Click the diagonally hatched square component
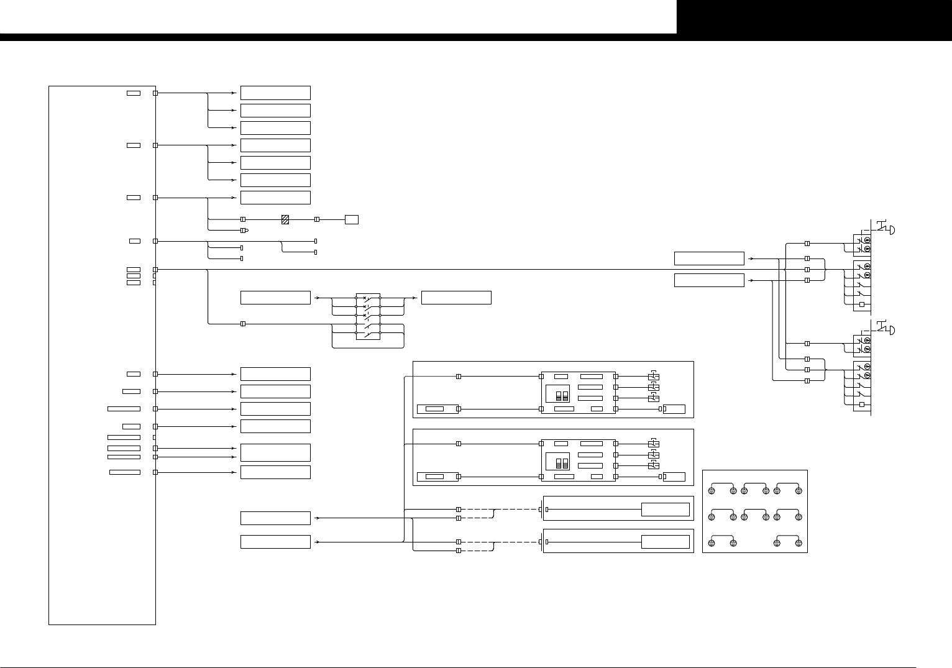point(285,219)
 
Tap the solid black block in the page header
point(814,17)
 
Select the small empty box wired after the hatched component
point(351,219)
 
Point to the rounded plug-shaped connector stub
point(244,231)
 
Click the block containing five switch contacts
point(368,316)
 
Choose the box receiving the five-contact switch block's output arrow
point(456,297)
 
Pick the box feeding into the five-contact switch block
point(275,297)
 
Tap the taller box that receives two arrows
point(275,452)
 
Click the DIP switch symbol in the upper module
point(562,396)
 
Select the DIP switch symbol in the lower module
point(562,464)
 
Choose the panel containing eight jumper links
point(754,511)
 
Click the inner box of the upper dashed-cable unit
point(666,510)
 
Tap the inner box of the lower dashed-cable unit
point(666,541)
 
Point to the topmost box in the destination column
point(275,93)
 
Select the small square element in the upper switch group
point(861,304)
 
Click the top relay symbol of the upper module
point(653,377)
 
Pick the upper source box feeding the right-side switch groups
point(709,259)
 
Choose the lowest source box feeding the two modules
point(275,542)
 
